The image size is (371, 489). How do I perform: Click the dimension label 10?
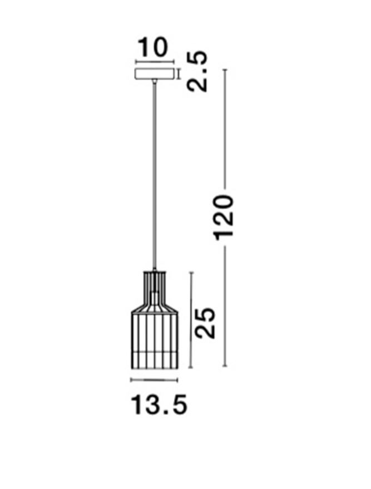[x=152, y=47]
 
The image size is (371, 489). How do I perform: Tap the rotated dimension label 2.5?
[x=197, y=71]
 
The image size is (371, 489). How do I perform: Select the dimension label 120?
[x=223, y=218]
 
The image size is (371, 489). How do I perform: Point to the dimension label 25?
[x=205, y=323]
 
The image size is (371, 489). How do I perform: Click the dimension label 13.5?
[x=159, y=405]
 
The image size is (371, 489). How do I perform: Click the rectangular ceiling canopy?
[x=154, y=74]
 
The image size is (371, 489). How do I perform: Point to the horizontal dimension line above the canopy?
[x=154, y=62]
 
